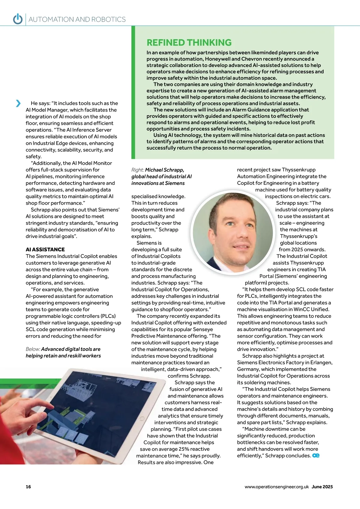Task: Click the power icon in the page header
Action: click(18, 19)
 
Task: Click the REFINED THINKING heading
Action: click(189, 43)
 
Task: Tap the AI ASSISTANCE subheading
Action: click(45, 249)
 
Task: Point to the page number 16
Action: click(28, 487)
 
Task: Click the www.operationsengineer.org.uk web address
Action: click(276, 487)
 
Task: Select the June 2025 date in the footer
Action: click(322, 487)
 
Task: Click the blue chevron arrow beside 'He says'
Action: click(18, 103)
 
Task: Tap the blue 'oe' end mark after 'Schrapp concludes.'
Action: click(316, 456)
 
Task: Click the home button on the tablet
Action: click(142, 418)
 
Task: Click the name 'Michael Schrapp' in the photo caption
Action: click(164, 170)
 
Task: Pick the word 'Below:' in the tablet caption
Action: click(33, 349)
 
